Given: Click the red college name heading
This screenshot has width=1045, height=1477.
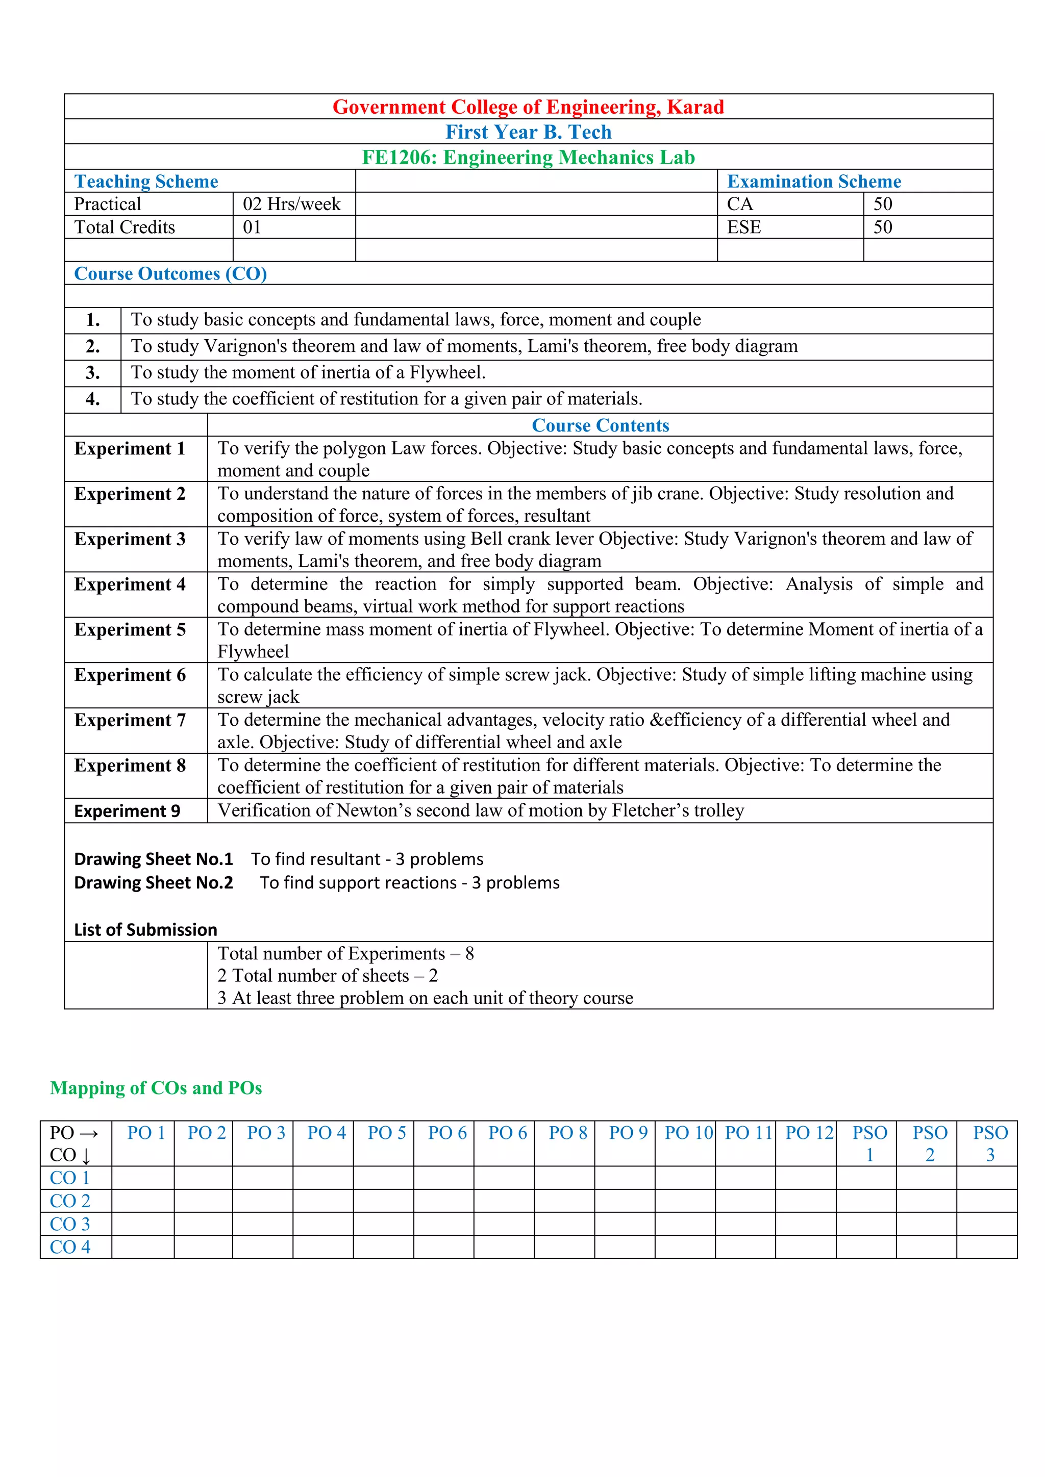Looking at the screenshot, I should [x=528, y=107].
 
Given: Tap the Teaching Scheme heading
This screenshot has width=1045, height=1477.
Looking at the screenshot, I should [x=146, y=182].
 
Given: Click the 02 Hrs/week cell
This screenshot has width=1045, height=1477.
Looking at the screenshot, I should [x=291, y=204].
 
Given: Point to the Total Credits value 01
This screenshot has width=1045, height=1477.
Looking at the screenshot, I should [x=252, y=227].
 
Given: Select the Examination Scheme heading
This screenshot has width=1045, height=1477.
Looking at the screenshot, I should [x=813, y=182].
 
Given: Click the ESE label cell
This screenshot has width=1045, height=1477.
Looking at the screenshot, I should [x=744, y=227].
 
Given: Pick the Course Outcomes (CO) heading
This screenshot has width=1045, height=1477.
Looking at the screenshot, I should [x=170, y=273].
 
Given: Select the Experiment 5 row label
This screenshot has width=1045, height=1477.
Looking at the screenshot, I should [x=130, y=629].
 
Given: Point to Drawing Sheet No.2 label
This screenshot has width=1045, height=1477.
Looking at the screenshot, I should [x=153, y=883].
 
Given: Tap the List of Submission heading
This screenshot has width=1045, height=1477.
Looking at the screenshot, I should [x=145, y=930].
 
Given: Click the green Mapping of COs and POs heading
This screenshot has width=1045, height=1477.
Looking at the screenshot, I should [x=156, y=1088].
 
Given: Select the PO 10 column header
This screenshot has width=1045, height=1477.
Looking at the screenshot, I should [x=688, y=1133].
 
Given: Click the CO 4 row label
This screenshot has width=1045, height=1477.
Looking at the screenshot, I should [x=70, y=1246].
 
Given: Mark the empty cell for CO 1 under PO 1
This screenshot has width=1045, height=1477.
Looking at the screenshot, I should [x=143, y=1178].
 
